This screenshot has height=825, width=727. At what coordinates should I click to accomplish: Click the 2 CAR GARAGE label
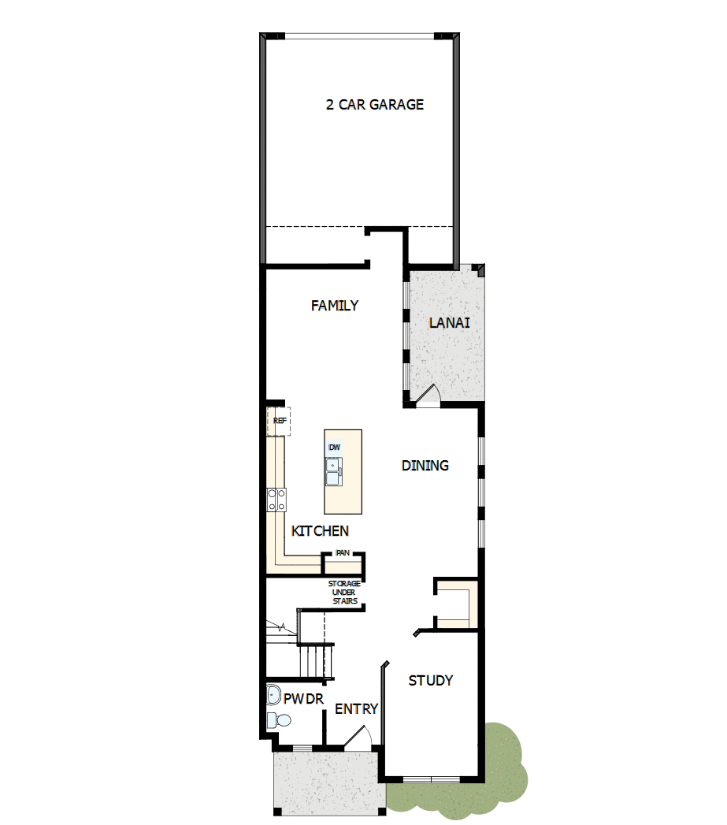click(x=375, y=104)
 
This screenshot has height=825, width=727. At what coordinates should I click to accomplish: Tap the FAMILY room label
click(x=335, y=306)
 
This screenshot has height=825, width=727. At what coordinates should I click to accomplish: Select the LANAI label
click(x=450, y=322)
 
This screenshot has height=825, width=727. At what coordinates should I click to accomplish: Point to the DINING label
click(x=425, y=466)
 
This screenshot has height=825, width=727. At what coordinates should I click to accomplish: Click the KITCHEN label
click(x=320, y=531)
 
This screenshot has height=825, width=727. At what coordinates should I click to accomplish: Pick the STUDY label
click(x=431, y=680)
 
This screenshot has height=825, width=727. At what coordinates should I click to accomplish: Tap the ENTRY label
click(x=357, y=709)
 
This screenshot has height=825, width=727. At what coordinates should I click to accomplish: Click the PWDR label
click(x=304, y=698)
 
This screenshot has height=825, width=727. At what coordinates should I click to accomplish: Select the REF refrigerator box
click(x=279, y=421)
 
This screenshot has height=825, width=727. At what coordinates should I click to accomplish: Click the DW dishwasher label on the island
click(x=334, y=448)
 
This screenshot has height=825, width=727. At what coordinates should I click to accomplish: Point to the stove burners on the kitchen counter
click(x=276, y=500)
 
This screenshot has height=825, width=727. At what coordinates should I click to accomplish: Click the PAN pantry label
click(x=343, y=553)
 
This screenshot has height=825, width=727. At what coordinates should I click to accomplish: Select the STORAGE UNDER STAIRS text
click(x=344, y=593)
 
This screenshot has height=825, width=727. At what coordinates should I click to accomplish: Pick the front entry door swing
click(x=358, y=738)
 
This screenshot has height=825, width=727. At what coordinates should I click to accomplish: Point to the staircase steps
click(x=314, y=659)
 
